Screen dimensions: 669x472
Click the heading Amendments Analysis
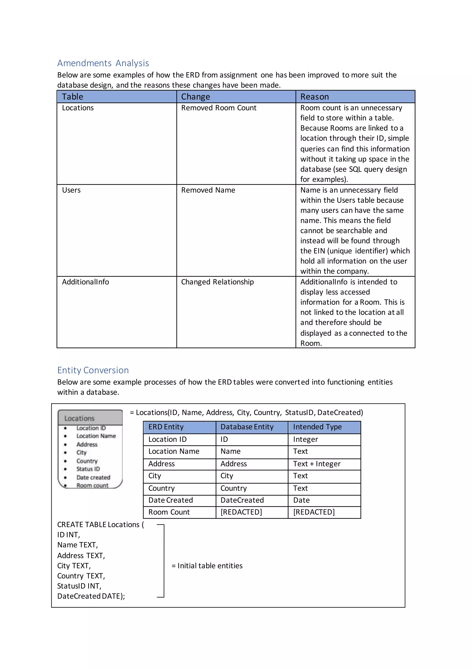pos(103,63)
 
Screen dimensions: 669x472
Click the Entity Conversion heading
pos(93,370)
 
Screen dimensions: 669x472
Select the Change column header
pos(195,97)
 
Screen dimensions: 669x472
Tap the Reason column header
pos(314,97)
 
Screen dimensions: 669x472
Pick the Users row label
pos(71,190)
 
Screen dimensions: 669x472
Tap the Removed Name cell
pos(208,190)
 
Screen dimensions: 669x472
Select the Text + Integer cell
pos(316,464)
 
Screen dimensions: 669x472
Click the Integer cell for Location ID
pos(305,439)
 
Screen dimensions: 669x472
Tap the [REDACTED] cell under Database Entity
pos(241,512)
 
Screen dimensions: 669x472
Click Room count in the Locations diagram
pos(92,485)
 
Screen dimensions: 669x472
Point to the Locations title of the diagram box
pos(79,418)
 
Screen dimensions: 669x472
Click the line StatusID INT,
pos(79,586)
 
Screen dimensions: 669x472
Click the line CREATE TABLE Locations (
pos(100,525)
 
